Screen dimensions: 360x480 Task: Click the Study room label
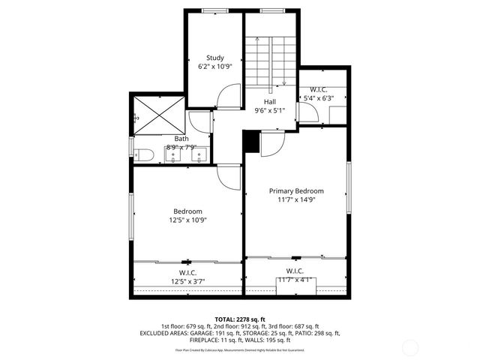[215, 58]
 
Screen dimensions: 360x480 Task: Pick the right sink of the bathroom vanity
[198, 156]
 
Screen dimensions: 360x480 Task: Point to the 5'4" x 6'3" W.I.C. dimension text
[318, 98]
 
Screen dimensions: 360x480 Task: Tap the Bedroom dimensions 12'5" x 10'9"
[187, 220]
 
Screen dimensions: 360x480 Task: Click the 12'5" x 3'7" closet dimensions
[187, 281]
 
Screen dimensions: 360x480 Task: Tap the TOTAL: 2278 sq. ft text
[239, 318]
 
